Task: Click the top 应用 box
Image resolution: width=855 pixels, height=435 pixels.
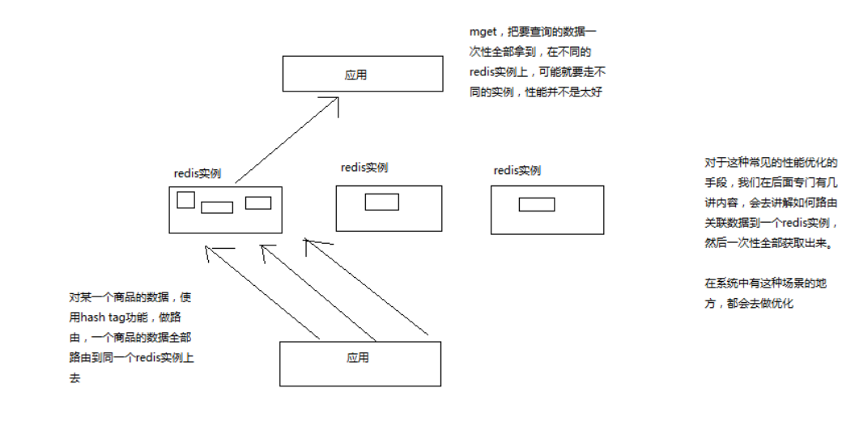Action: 362,74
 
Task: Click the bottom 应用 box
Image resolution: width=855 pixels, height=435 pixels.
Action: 360,363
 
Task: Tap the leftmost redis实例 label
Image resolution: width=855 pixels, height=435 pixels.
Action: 198,173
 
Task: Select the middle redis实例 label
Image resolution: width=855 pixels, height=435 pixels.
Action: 364,168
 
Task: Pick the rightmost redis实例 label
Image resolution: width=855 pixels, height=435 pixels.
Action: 517,170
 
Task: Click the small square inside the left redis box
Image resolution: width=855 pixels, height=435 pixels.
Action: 185,199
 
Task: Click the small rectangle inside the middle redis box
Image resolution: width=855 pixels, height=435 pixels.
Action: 381,202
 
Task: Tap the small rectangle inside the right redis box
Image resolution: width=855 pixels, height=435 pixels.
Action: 536,204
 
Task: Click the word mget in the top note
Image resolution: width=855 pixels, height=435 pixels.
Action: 483,32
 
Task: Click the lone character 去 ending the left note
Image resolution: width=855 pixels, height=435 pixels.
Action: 75,377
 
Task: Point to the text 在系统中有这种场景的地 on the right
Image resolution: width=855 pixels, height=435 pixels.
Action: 764,284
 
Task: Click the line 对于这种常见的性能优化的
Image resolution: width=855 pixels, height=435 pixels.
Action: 770,162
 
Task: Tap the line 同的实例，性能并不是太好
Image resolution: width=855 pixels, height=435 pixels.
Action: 536,92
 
